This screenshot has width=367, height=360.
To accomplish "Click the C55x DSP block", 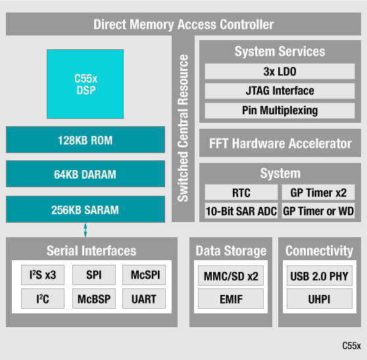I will (85, 83).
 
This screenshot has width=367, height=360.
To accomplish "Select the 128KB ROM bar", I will (85, 140).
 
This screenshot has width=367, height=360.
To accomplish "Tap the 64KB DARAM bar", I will (85, 175).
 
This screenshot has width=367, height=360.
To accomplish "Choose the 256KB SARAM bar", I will (85, 210).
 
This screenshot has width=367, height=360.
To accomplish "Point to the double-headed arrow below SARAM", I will (85, 230).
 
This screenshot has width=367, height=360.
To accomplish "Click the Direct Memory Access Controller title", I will (183, 25).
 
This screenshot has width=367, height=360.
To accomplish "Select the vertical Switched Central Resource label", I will (183, 128).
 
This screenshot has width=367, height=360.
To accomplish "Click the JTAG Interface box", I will (280, 91).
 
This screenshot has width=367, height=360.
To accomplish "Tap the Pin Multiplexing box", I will (280, 110).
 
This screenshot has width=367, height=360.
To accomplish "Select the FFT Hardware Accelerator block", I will (280, 144).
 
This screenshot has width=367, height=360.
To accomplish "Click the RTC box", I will (241, 193).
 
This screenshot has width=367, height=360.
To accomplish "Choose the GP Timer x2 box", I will (318, 193).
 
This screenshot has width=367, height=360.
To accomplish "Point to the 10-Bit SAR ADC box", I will (241, 211).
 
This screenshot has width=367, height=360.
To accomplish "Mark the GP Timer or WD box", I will (318, 211).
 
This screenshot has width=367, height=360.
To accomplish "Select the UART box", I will (144, 300).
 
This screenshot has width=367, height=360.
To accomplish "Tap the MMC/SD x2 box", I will (231, 275).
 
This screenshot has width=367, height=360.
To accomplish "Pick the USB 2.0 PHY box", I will (319, 275).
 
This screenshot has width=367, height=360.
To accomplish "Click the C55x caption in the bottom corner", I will (351, 345).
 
